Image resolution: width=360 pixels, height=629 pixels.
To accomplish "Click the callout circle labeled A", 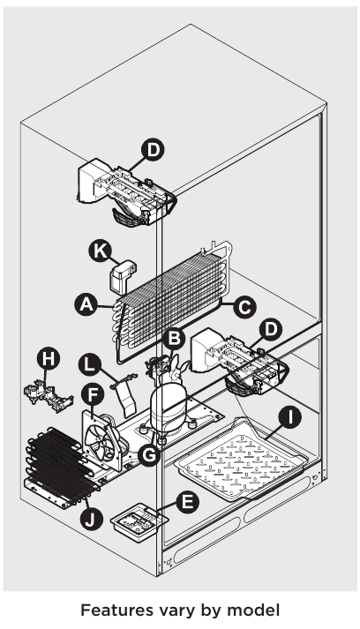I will pyautogui.click(x=86, y=304).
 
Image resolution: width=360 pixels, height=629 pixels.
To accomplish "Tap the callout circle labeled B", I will pyautogui.click(x=176, y=336).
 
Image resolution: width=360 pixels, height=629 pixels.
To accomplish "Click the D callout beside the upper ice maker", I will pyautogui.click(x=154, y=151).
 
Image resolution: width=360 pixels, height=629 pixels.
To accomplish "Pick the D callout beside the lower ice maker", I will pyautogui.click(x=273, y=329).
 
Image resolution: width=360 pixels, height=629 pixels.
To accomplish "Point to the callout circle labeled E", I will pyautogui.click(x=185, y=502).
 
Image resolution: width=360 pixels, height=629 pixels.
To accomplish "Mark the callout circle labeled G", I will pyautogui.click(x=151, y=454).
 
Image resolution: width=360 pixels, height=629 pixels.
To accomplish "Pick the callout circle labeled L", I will pyautogui.click(x=87, y=362).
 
